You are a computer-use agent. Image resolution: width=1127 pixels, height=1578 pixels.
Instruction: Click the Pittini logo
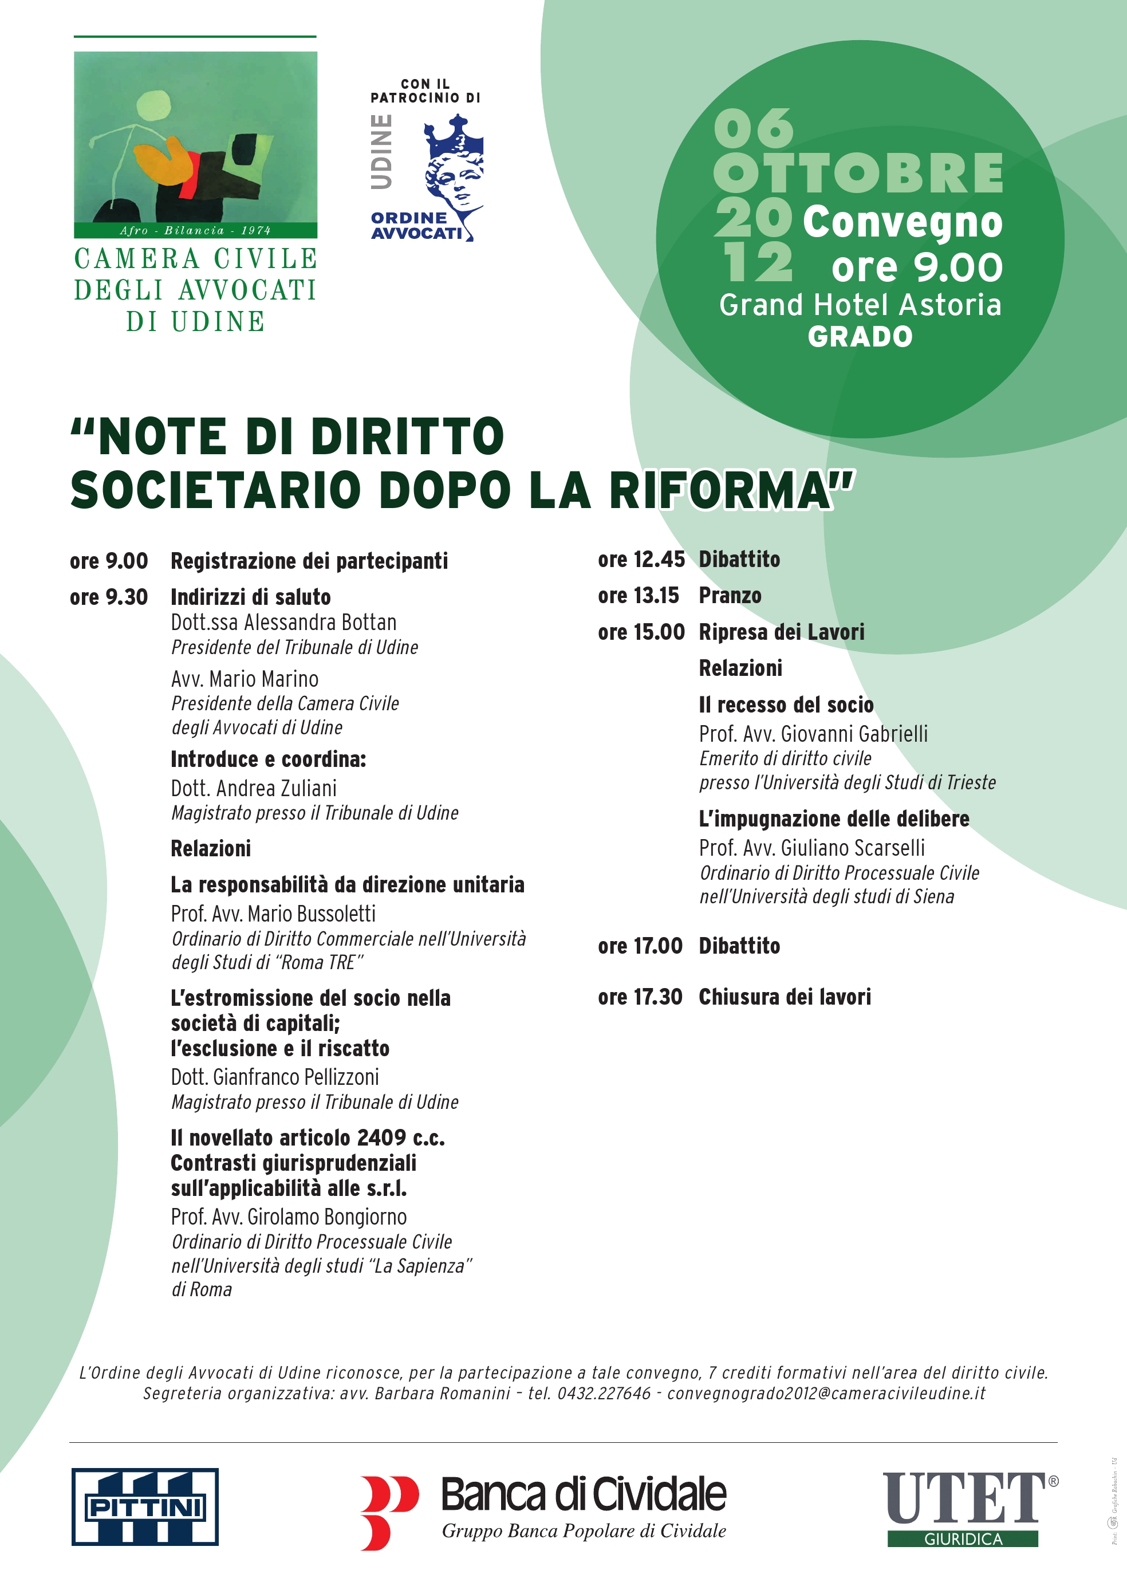click(x=145, y=1506)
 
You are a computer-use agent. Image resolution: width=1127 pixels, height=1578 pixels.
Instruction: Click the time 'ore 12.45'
click(x=641, y=559)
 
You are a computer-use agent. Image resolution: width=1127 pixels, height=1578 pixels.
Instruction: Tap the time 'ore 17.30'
click(x=640, y=997)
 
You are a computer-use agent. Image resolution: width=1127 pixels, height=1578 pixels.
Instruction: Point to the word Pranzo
click(x=730, y=595)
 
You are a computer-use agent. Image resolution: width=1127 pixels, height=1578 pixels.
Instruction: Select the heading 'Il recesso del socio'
click(x=786, y=705)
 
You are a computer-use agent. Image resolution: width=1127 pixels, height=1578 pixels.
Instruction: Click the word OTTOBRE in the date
click(x=858, y=174)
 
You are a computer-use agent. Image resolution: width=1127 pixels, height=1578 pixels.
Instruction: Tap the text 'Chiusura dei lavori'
click(x=784, y=997)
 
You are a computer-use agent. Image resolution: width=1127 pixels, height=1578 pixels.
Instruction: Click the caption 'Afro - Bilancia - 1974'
click(x=195, y=230)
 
